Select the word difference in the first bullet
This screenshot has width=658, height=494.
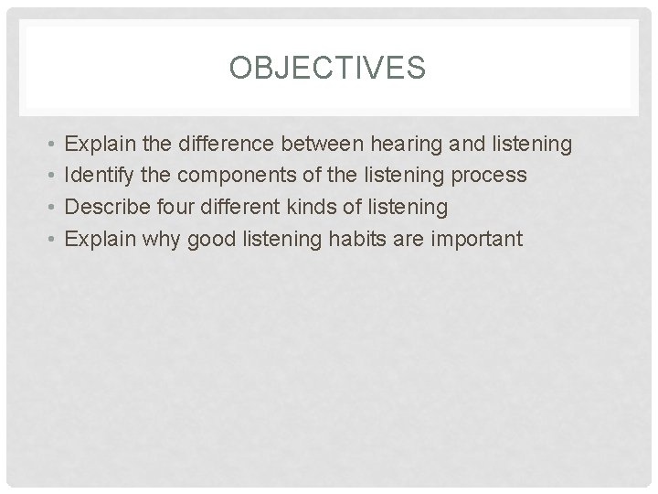[x=228, y=144]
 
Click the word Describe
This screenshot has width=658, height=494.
[x=105, y=208]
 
